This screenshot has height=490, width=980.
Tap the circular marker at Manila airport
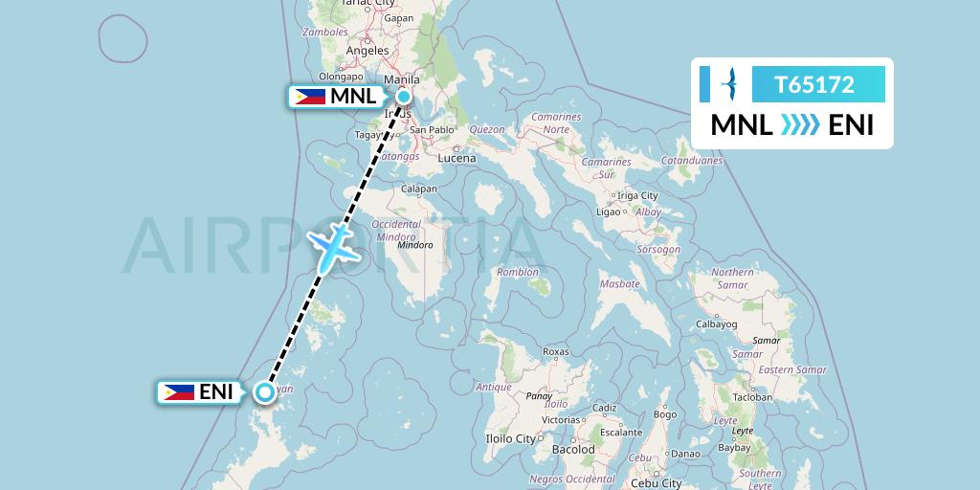404,96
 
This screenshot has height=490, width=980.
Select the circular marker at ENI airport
264,391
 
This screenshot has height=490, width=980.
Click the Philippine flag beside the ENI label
178,391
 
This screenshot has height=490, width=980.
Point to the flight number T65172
814,84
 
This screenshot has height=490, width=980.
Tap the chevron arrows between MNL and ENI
800,125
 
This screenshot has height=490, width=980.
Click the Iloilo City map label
512,439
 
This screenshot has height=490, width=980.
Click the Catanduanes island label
691,161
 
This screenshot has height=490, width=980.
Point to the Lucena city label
457,158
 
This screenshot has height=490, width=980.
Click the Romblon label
518,273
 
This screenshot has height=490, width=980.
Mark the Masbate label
618,284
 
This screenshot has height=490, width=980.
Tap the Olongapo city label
342,77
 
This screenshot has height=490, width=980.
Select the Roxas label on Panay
556,351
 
